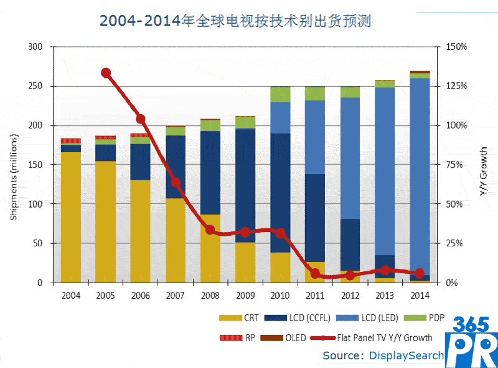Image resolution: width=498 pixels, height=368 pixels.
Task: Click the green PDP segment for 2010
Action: click(x=280, y=94)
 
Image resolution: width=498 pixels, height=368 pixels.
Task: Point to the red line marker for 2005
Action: click(x=106, y=73)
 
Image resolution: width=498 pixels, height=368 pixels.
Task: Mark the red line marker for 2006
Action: click(x=141, y=119)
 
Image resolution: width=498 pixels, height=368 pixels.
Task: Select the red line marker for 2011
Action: click(x=316, y=273)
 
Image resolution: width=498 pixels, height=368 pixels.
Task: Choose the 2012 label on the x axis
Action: click(x=350, y=294)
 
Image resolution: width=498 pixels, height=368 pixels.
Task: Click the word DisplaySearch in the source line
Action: click(x=406, y=356)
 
